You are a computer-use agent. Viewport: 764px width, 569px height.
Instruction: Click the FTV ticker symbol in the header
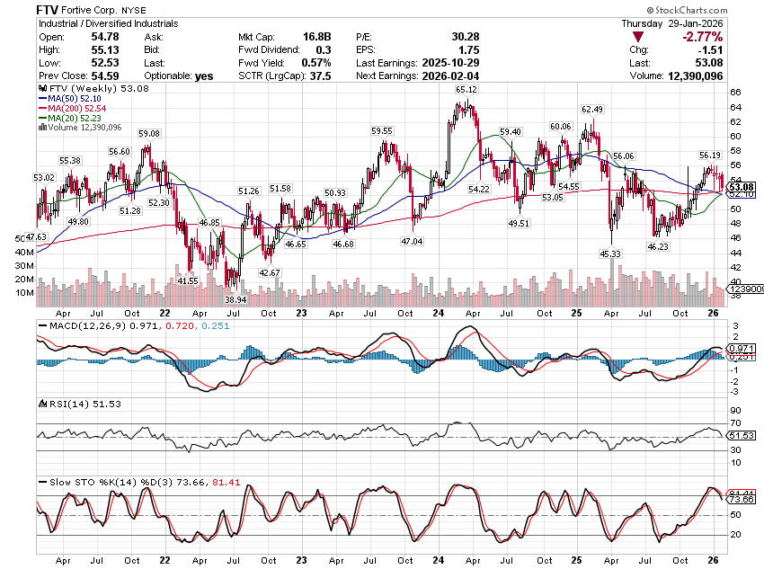[49, 9]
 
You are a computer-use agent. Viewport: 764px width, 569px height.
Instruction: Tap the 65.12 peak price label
[466, 90]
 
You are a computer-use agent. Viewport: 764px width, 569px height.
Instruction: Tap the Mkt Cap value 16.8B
[316, 36]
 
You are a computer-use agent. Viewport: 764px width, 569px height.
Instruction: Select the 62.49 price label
[591, 110]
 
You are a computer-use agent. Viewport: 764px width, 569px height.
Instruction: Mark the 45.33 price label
[610, 254]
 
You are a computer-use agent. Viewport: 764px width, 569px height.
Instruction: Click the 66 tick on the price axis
[734, 93]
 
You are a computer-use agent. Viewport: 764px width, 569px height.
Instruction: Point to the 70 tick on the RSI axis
[734, 422]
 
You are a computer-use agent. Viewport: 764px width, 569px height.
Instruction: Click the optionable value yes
[206, 76]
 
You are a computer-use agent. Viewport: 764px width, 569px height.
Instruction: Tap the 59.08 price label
[148, 134]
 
